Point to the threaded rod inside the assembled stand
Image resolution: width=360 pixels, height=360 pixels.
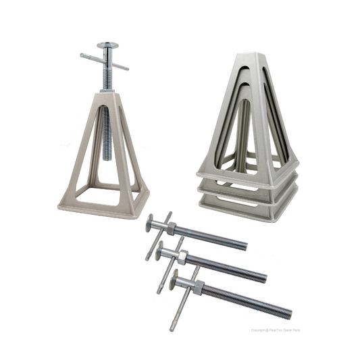tap(106, 135)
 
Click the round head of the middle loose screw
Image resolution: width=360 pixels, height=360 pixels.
tap(161, 252)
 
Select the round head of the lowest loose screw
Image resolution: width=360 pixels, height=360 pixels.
tap(177, 280)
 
